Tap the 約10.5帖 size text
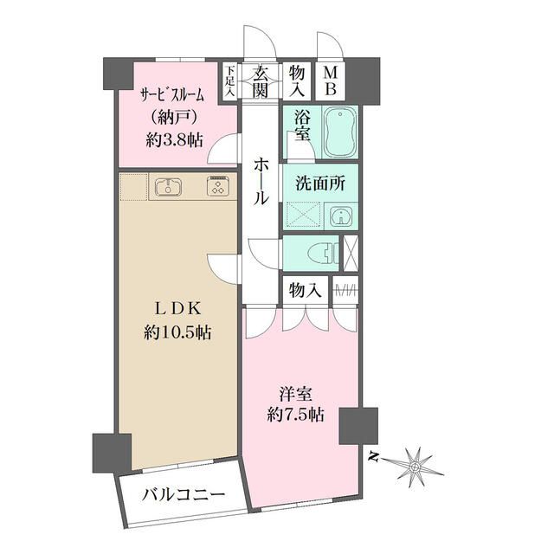(180, 332)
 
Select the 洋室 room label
(295, 392)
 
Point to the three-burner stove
(216, 186)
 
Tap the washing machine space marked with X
(299, 215)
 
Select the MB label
(331, 81)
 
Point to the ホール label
(261, 181)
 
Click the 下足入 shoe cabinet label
(230, 81)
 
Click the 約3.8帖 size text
(174, 139)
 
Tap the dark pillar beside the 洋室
(354, 424)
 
